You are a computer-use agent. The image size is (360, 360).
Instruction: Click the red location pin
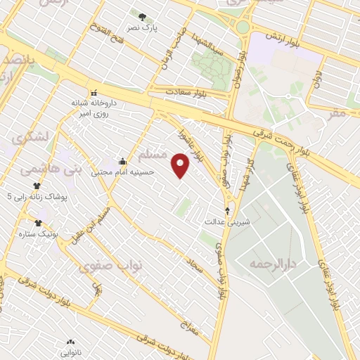(x=181, y=165)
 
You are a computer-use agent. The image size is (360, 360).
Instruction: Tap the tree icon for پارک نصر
(x=143, y=17)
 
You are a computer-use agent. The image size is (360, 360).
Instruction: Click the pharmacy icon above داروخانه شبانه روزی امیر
(x=94, y=92)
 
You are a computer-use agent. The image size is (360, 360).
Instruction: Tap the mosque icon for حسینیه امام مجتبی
(x=123, y=161)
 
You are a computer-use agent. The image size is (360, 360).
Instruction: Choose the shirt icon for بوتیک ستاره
(x=37, y=223)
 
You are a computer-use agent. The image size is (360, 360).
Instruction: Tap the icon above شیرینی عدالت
(x=227, y=210)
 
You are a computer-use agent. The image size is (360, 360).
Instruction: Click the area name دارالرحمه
(x=274, y=264)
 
